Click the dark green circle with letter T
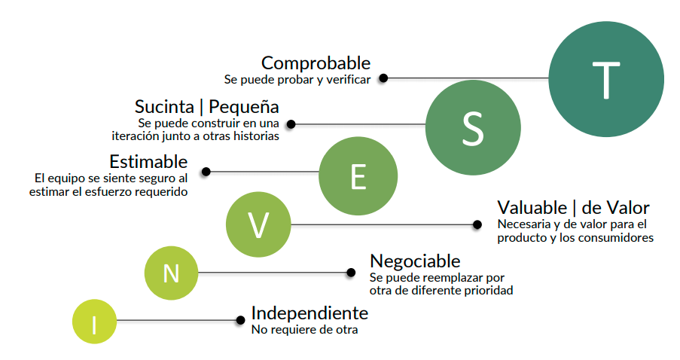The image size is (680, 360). coord(606,78)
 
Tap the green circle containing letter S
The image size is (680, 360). coord(473,125)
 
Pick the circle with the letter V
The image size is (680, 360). coord(258,224)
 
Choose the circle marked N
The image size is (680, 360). coord(171,272)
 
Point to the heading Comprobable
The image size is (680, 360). coord(316,63)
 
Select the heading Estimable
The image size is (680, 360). coord(148,162)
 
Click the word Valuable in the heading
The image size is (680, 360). coord(532,207)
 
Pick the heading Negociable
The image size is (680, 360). coord(415,261)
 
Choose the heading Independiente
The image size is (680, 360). coord(310,313)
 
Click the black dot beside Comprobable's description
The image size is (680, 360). coord(383,78)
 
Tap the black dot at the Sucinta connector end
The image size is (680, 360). coord(291,124)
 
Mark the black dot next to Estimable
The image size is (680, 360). coord(206,172)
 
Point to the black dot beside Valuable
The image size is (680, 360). coord(477,224)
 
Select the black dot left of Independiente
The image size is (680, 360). coord(241,321)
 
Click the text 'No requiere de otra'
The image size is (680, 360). coord(304,329)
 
